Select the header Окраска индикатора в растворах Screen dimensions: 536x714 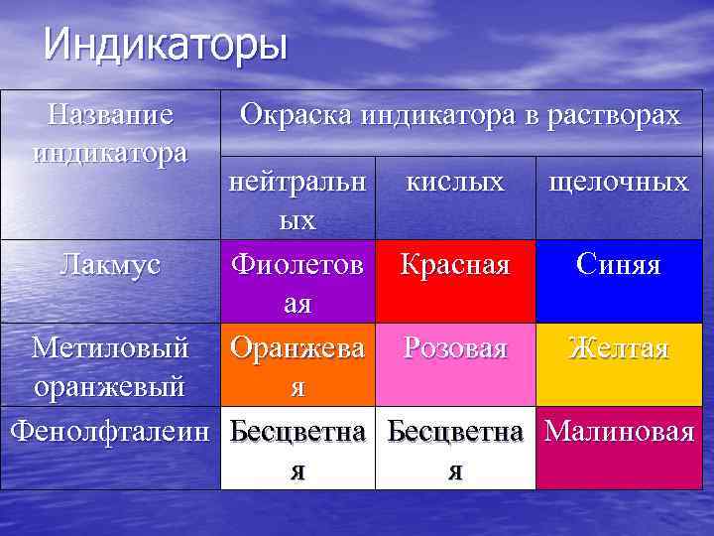(x=460, y=115)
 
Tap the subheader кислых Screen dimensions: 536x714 (x=454, y=183)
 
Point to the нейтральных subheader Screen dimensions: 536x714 (x=297, y=200)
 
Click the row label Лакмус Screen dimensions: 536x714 (x=111, y=264)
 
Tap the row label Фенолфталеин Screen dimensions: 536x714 (x=111, y=431)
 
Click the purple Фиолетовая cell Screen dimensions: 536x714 (x=297, y=282)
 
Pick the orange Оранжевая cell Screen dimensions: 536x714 (x=297, y=364)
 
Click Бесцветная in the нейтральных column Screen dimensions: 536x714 (x=297, y=449)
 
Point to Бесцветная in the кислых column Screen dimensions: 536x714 (x=454, y=449)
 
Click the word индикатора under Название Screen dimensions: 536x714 (x=111, y=154)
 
